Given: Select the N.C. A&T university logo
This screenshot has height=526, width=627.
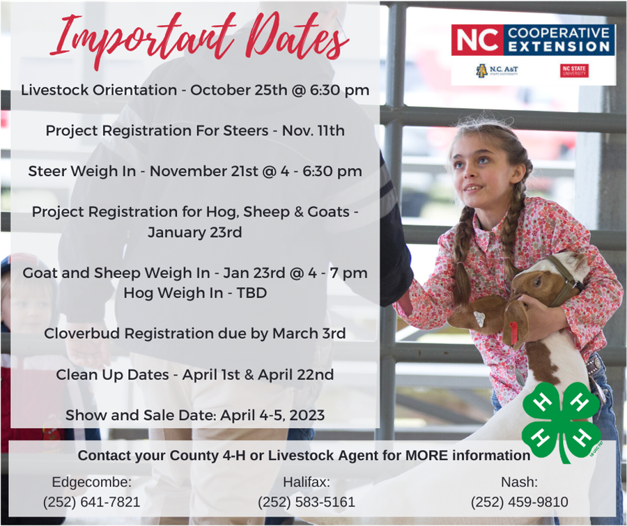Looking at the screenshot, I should pos(497,70).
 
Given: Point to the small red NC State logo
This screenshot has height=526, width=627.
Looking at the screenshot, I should pos(574,70).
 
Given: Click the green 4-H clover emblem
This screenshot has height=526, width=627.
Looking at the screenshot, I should pos(562,422).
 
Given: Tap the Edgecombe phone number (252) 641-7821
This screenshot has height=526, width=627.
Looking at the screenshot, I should pos(92,502).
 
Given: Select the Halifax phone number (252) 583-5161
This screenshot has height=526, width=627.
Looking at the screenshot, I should pos(307,502).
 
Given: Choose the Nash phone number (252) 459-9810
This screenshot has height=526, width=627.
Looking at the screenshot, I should pos(520,502).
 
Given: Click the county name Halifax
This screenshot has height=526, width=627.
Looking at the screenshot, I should pos(307,482).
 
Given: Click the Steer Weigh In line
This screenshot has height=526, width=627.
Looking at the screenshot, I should pos(195,171).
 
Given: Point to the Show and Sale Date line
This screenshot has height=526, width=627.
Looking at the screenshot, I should pos(195,415).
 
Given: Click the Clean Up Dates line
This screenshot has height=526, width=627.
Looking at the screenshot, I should pos(195,375).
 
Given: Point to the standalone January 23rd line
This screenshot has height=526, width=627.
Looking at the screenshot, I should pos(195,232).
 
